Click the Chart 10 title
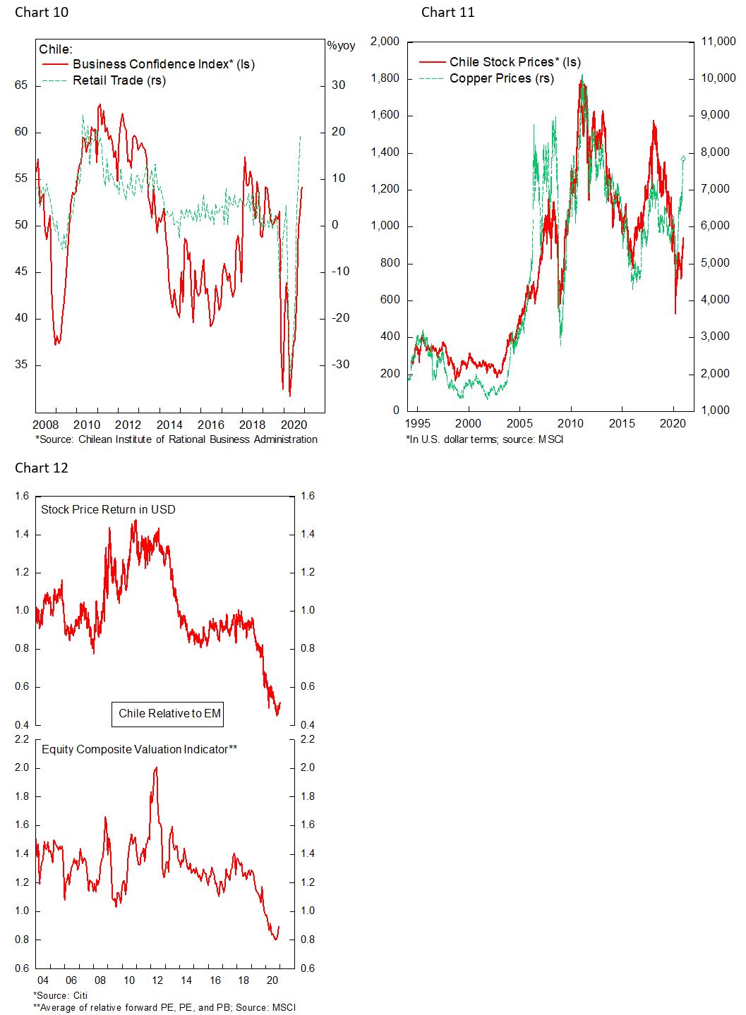42,12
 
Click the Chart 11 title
447,12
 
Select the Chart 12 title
42,468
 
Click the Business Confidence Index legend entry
163,64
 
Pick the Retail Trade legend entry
119,80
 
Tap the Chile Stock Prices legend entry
515,62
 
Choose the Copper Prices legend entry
501,78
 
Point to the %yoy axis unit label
341,46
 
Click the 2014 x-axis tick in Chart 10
169,424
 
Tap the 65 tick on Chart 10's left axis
21,85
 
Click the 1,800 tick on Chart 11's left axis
386,78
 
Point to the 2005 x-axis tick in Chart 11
520,423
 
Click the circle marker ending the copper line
683,159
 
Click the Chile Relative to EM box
169,713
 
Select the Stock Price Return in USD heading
108,509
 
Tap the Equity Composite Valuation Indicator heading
139,749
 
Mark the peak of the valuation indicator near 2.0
155,768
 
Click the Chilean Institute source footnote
176,439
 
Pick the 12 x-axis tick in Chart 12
157,980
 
